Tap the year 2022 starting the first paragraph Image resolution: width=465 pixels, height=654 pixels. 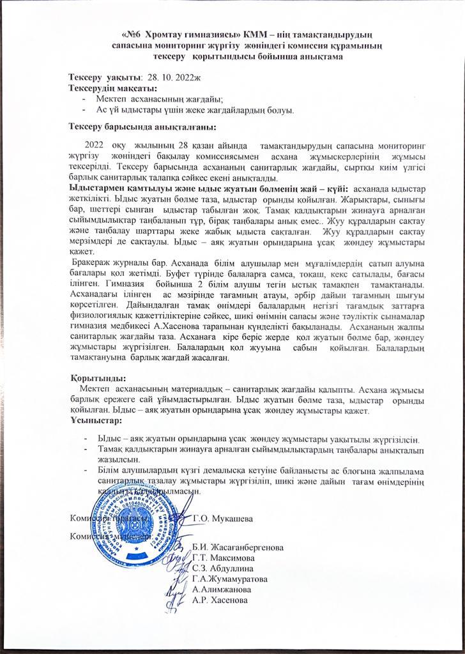click(94, 147)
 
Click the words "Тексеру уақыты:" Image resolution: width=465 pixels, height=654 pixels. click(105, 77)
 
